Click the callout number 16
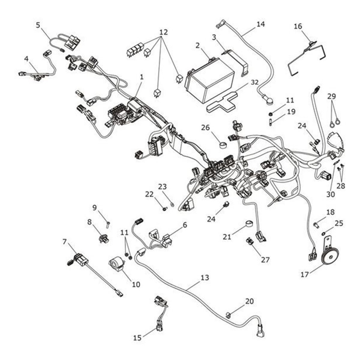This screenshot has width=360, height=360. point(298,26)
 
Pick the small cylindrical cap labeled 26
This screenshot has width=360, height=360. point(222,145)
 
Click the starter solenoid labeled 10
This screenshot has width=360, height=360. point(117,264)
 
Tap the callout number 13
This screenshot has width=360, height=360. point(205,278)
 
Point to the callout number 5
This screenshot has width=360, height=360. point(38,25)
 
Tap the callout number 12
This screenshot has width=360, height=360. point(163,31)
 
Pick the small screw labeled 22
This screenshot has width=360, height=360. point(164,208)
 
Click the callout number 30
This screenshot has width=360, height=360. point(330,194)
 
